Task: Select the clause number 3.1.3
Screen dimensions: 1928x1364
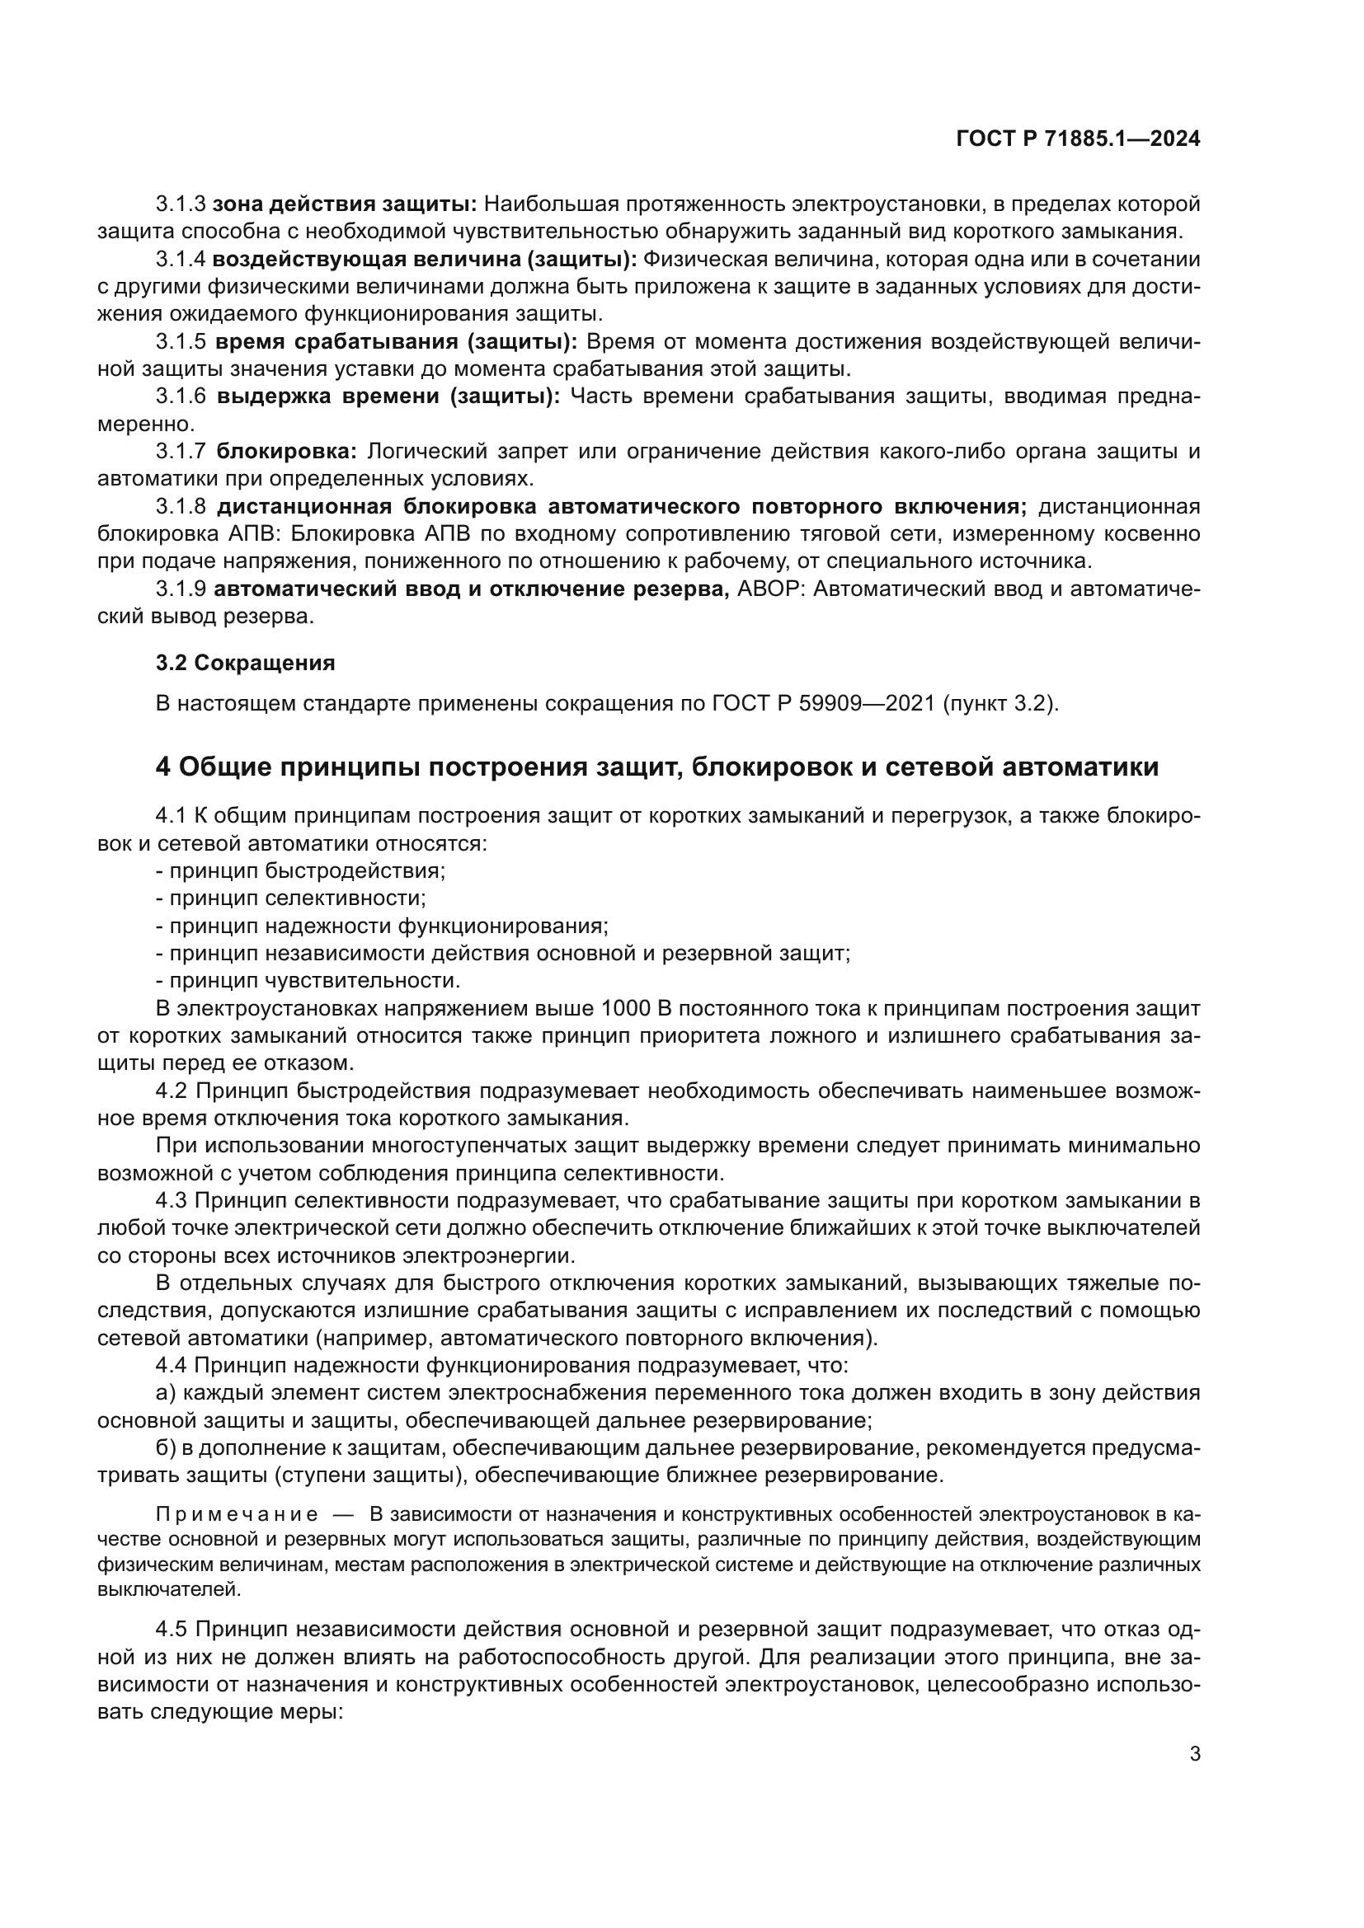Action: coord(181,204)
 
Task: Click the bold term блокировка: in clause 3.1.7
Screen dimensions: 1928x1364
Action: coord(286,452)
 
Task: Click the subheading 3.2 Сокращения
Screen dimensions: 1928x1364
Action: coord(245,664)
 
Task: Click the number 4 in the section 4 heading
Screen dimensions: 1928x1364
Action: coord(163,767)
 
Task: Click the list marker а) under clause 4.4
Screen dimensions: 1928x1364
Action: coord(166,1394)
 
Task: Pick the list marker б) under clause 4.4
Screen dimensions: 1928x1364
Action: coord(166,1448)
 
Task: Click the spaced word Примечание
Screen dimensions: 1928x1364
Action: coord(237,1514)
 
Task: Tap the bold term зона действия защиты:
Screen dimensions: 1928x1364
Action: coord(345,204)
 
